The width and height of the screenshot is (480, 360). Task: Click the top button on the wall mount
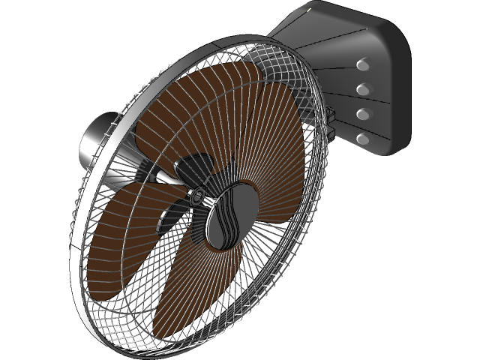[x=364, y=65]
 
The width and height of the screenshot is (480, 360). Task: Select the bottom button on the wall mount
[x=364, y=139]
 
